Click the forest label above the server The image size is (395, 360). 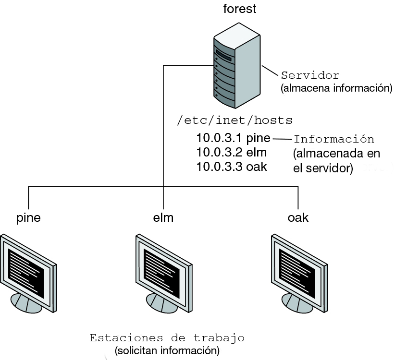239,9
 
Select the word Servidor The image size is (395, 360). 310,75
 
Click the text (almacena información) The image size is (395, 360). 336,88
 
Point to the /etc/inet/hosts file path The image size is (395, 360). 235,120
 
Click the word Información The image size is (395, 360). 333,139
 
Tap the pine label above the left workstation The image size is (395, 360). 28,217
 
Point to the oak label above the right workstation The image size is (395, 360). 298,217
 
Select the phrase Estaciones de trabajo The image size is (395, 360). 167,338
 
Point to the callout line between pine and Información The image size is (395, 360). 282,139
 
